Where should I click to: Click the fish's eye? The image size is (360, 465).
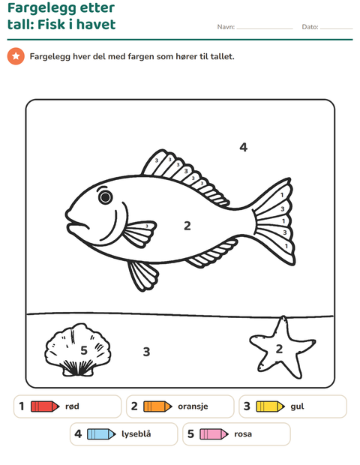click(x=105, y=197)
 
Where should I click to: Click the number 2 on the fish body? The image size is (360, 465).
click(x=187, y=226)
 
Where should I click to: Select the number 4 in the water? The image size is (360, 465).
click(x=244, y=147)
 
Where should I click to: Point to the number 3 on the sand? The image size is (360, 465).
click(x=146, y=352)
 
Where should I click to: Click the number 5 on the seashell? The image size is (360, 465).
click(x=84, y=350)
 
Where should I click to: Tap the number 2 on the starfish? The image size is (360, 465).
click(x=279, y=349)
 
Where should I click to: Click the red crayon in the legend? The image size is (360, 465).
click(x=45, y=406)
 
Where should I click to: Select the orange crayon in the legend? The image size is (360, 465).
click(x=157, y=406)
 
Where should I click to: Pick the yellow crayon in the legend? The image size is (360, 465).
click(x=271, y=406)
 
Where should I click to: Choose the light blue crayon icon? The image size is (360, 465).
click(x=101, y=434)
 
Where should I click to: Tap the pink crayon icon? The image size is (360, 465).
click(x=214, y=434)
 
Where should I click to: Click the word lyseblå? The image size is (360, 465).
click(x=136, y=434)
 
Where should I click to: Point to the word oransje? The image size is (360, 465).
click(x=193, y=406)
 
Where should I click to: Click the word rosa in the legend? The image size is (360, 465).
click(x=243, y=434)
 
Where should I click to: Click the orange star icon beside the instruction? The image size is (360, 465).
click(x=16, y=56)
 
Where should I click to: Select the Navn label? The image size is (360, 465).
click(x=226, y=27)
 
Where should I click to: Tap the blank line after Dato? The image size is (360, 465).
click(x=337, y=28)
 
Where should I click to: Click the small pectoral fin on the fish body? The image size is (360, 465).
click(x=139, y=234)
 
